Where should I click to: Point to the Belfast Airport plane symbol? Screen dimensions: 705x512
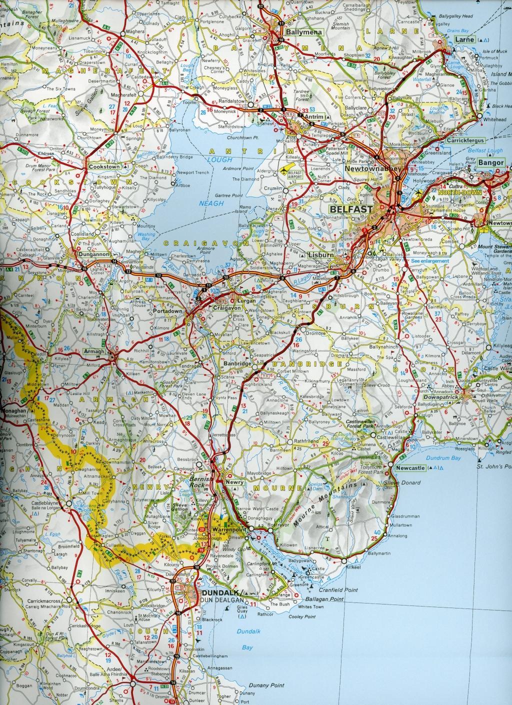(288, 170)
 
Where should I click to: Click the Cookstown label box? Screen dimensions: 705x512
(103, 166)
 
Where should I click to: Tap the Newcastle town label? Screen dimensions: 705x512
(409, 468)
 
